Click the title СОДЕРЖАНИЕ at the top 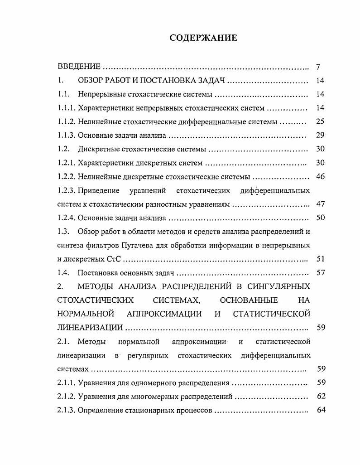click(x=203, y=38)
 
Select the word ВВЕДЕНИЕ click(x=79, y=67)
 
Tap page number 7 click(x=318, y=67)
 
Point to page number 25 click(x=321, y=121)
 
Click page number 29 click(x=321, y=135)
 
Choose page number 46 click(x=321, y=176)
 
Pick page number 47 click(x=321, y=204)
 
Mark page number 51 click(x=321, y=259)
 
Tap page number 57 click(x=321, y=273)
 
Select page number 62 click(x=321, y=397)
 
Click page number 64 click(x=321, y=411)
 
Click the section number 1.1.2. click(x=67, y=122)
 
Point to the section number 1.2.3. click(x=67, y=190)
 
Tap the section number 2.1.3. click(x=67, y=411)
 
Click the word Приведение click(x=98, y=190)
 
